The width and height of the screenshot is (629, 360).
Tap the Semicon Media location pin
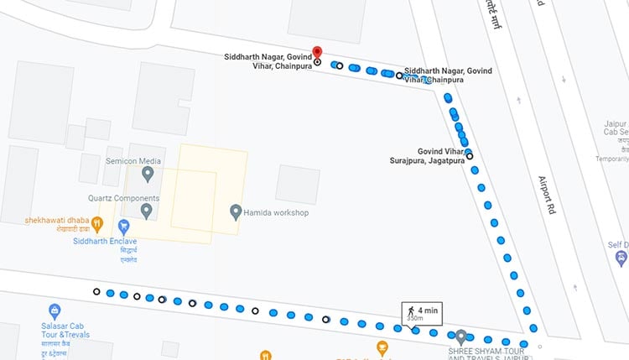tap(148, 174)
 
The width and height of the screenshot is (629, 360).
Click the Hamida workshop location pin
tap(236, 211)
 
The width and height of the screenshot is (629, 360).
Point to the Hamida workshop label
tap(276, 212)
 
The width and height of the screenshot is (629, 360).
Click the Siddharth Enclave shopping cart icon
tap(124, 226)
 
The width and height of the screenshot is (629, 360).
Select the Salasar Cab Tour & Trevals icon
tap(55, 311)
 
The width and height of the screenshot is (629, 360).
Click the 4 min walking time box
tap(421, 315)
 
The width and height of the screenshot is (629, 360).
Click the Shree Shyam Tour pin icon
tap(460, 337)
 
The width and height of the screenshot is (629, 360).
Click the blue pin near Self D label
tap(621, 256)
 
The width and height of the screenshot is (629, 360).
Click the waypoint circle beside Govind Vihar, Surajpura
tap(470, 155)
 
